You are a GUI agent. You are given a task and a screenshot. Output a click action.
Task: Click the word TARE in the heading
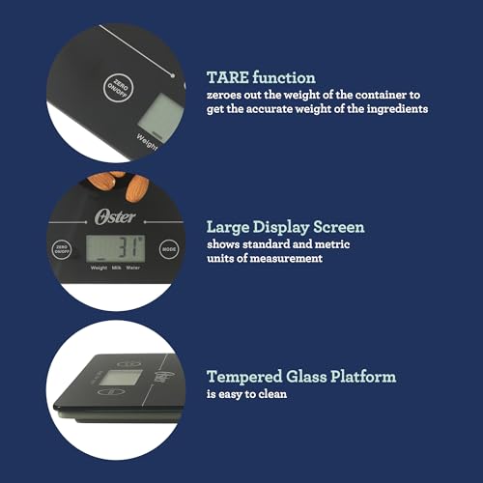pyautogui.click(x=228, y=77)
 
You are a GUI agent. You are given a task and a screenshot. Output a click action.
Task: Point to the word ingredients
pyautogui.click(x=397, y=109)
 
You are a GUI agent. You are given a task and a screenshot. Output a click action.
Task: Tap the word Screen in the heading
pyautogui.click(x=339, y=227)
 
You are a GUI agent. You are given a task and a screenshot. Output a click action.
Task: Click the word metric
pyautogui.click(x=332, y=244)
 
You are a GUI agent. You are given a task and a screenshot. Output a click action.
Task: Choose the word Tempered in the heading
pyautogui.click(x=244, y=378)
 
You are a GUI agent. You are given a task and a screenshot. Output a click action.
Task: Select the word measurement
pyautogui.click(x=286, y=258)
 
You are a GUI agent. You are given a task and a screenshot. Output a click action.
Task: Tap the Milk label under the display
pyautogui.click(x=116, y=268)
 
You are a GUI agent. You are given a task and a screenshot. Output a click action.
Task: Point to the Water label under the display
pyautogui.click(x=132, y=268)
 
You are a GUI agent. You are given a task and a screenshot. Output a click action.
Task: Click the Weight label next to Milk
pyautogui.click(x=99, y=268)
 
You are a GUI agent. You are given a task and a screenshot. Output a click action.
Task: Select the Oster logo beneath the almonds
pyautogui.click(x=115, y=217)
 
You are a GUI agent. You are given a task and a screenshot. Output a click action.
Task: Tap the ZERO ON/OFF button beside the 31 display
pyautogui.click(x=62, y=249)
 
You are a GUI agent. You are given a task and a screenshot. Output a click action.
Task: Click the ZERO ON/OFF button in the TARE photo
pyautogui.click(x=118, y=87)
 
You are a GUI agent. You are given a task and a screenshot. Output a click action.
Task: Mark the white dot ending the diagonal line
pyautogui.click(x=173, y=75)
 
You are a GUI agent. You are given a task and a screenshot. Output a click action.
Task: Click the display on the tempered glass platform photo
pyautogui.click(x=121, y=378)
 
